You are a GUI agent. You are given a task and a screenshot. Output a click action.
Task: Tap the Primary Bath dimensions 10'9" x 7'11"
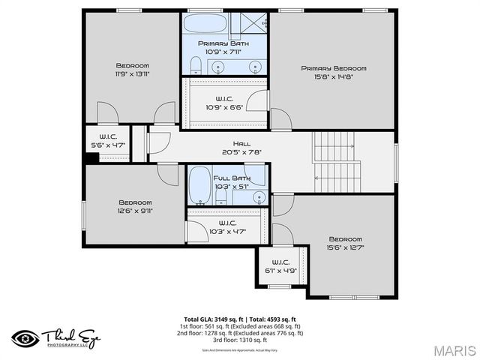pos(224,52)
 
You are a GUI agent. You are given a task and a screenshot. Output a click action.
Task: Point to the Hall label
pos(241,143)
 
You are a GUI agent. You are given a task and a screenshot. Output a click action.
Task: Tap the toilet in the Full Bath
pos(221,196)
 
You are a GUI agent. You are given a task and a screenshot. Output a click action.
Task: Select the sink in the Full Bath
pos(259,198)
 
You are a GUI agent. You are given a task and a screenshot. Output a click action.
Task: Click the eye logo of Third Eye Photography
pos(23,337)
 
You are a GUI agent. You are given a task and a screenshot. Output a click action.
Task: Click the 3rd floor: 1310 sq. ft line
pos(239,340)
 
